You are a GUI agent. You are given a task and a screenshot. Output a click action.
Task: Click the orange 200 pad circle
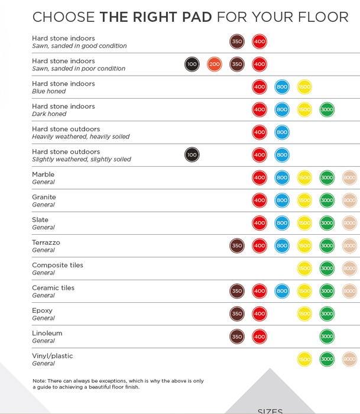pyautogui.click(x=215, y=64)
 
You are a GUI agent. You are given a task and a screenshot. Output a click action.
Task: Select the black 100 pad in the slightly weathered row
pyautogui.click(x=192, y=155)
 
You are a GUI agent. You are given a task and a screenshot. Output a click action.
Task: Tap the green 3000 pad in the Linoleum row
pyautogui.click(x=327, y=337)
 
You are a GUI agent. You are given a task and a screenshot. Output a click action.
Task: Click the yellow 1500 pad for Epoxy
pyautogui.click(x=304, y=313)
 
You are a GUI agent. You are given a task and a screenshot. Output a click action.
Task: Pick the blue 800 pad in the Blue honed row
pyautogui.click(x=282, y=87)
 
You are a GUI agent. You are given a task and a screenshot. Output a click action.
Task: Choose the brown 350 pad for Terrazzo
pyautogui.click(x=237, y=245)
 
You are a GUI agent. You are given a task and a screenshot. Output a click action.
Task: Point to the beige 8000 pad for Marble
pyautogui.click(x=349, y=177)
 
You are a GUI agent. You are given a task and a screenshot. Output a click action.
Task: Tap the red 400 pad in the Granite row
pyautogui.click(x=260, y=200)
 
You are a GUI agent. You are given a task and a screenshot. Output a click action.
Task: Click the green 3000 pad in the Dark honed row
pyautogui.click(x=327, y=109)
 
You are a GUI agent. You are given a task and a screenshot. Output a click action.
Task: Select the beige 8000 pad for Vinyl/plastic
pyautogui.click(x=349, y=359)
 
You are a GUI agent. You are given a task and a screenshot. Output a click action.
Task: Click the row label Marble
pyautogui.click(x=43, y=174)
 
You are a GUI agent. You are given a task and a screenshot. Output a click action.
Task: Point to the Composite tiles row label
pyautogui.click(x=57, y=265)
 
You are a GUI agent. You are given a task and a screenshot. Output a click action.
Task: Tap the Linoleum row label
pyautogui.click(x=47, y=333)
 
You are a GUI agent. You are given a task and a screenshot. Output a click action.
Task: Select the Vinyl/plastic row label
pyautogui.click(x=52, y=356)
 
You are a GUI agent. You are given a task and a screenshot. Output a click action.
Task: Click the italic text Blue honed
pyautogui.click(x=49, y=91)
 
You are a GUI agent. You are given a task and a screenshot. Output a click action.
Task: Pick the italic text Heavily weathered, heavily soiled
pyautogui.click(x=80, y=137)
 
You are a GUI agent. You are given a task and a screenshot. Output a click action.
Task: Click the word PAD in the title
pyautogui.click(x=197, y=17)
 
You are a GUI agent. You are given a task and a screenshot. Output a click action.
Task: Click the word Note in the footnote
pyautogui.click(x=39, y=381)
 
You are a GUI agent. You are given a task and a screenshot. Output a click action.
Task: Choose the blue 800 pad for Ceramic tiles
pyautogui.click(x=282, y=291)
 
